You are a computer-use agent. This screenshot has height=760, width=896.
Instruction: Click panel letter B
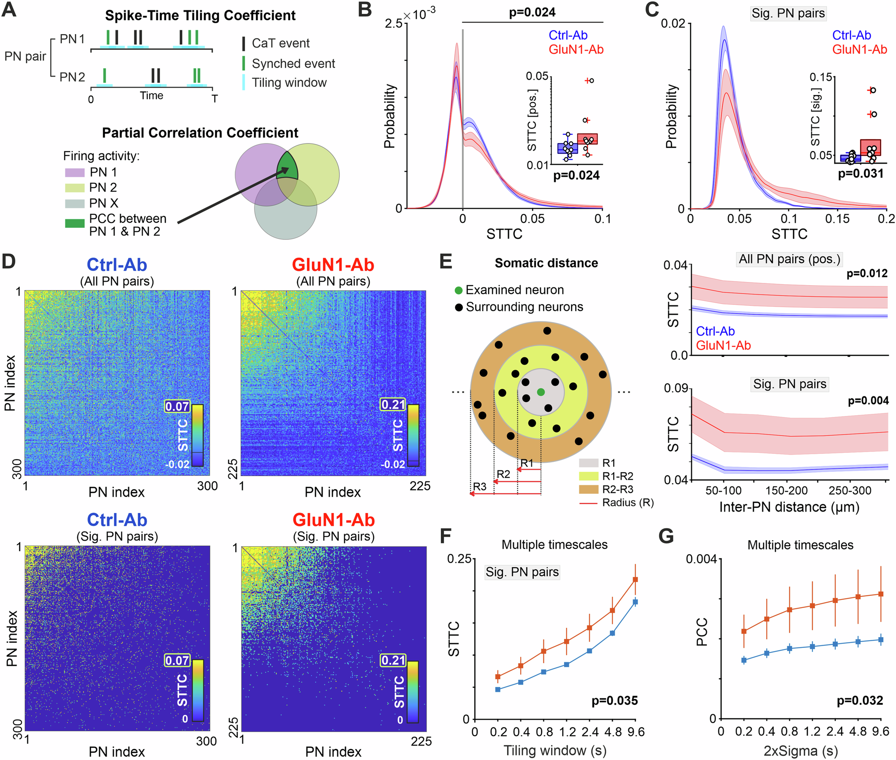[x=365, y=10]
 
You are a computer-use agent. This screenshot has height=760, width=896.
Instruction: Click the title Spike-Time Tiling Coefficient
[x=200, y=16]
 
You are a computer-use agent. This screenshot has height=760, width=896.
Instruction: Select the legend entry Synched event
[x=293, y=64]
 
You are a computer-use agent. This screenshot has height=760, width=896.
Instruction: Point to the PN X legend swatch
[x=74, y=204]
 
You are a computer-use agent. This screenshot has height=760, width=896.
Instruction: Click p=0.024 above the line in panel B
[x=532, y=13]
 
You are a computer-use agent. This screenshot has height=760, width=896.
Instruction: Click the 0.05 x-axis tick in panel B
[x=532, y=219]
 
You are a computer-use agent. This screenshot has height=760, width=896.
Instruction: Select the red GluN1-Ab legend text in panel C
[x=859, y=49]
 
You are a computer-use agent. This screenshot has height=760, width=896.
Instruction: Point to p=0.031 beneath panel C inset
[x=861, y=174]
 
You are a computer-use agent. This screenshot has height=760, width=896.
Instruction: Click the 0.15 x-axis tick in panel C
[x=837, y=219]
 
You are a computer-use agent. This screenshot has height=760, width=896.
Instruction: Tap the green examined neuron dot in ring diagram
[x=541, y=392]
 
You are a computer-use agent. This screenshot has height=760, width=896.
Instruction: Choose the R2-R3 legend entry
[x=618, y=489]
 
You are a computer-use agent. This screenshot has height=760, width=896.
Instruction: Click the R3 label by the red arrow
[x=480, y=486]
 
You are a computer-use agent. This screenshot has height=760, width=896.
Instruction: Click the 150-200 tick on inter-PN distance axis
[x=786, y=491]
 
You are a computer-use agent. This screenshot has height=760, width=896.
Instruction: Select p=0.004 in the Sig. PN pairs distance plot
[x=868, y=401]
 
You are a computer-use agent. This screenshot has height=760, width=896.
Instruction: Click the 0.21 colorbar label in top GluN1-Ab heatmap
[x=393, y=405]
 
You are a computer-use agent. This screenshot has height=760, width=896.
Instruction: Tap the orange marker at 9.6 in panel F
[x=635, y=580]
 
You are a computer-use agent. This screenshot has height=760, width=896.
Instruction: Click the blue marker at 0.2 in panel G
[x=744, y=660]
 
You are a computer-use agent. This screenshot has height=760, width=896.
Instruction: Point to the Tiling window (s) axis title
[x=555, y=751]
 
